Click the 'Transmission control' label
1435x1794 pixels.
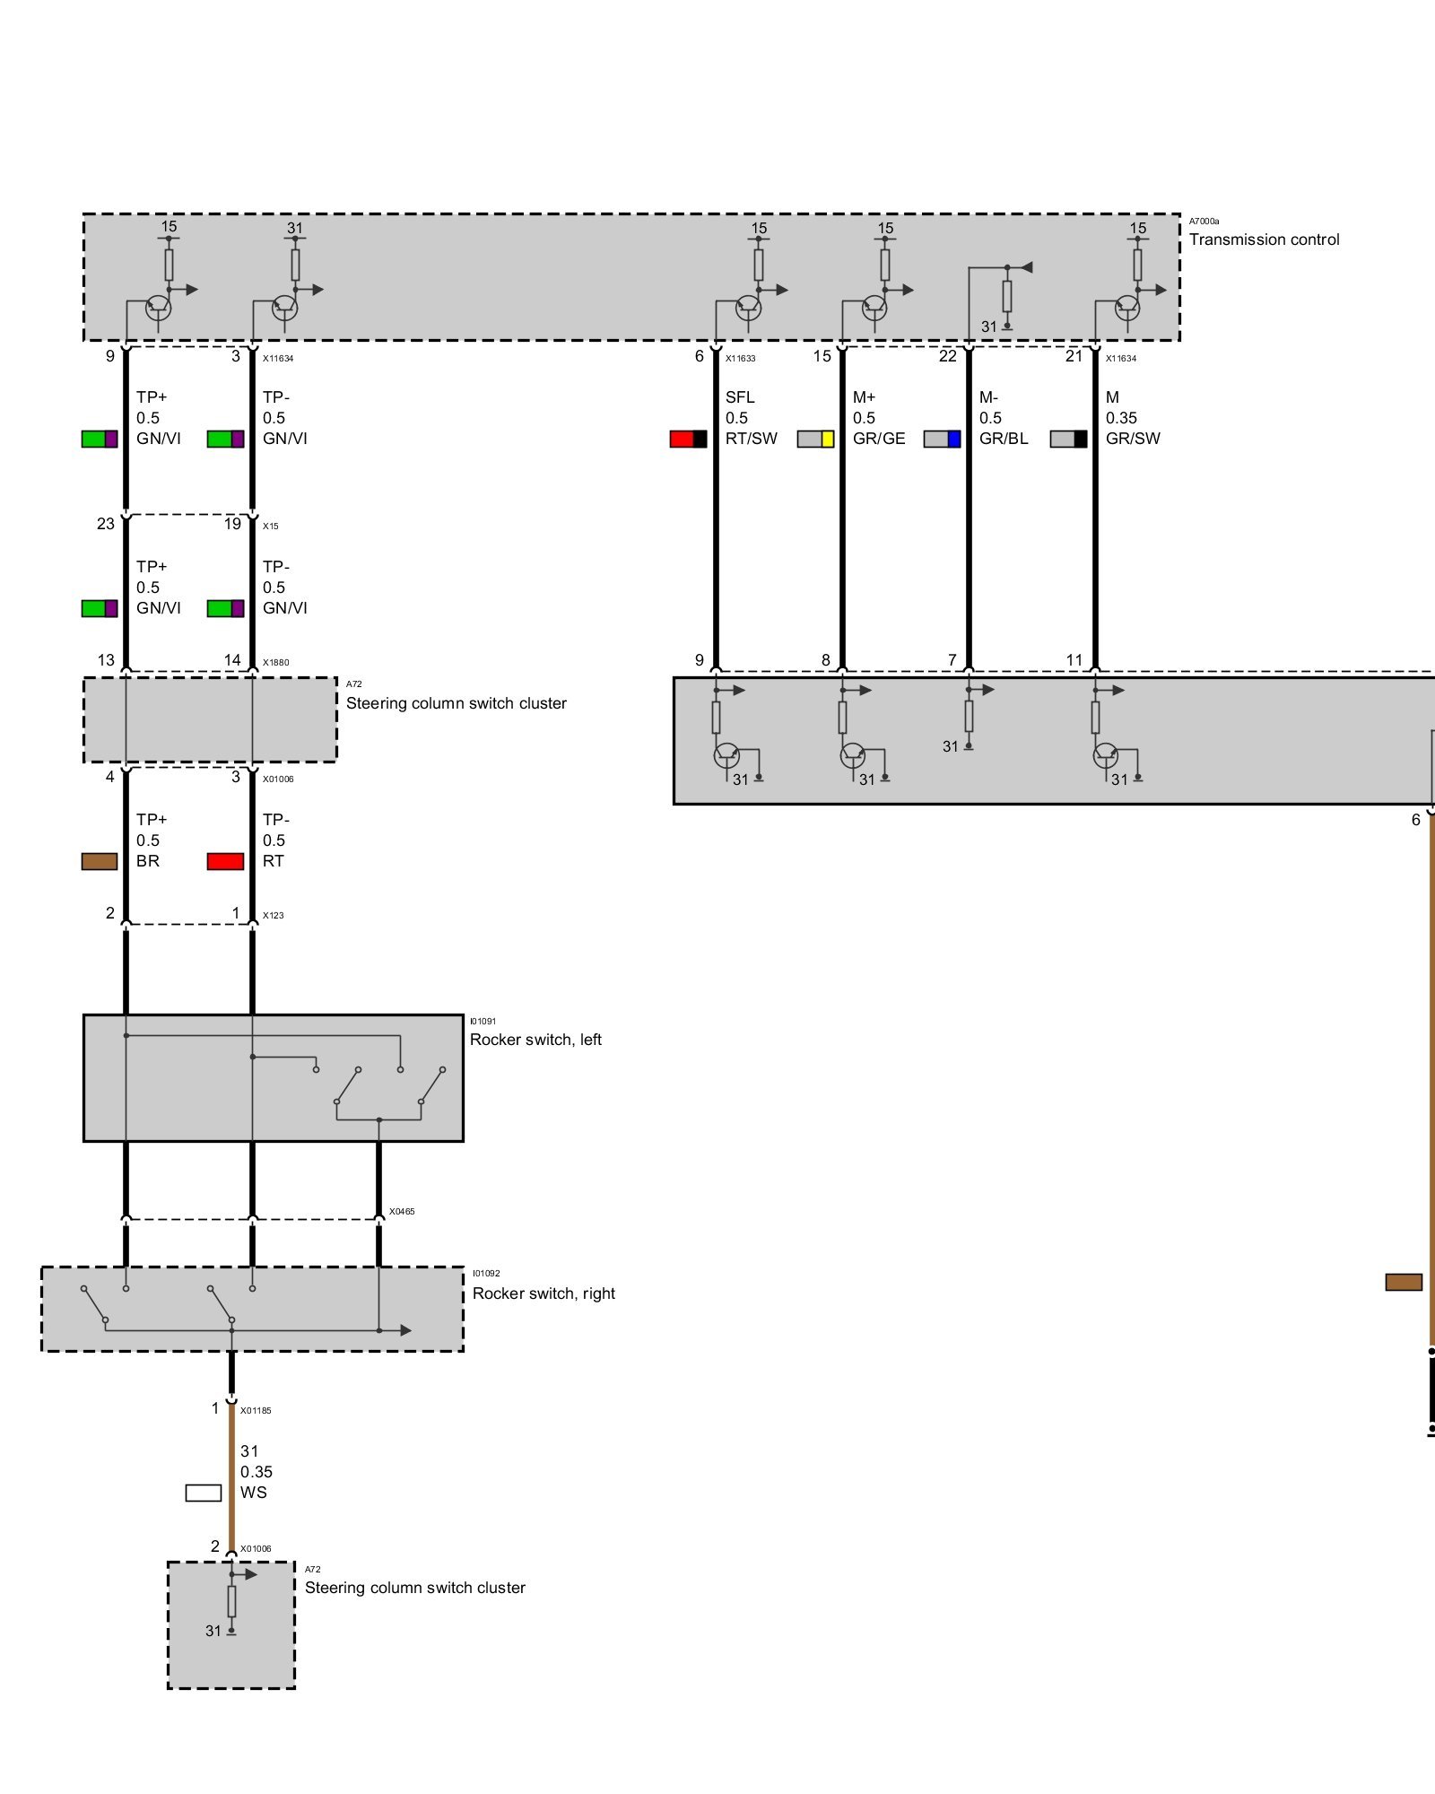(1264, 239)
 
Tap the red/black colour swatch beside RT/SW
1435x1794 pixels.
(688, 439)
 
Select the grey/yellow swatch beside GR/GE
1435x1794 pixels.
(815, 439)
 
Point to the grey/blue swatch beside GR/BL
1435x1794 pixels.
(942, 439)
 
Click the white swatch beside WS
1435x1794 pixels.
(204, 1493)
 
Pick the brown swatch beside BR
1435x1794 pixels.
(100, 861)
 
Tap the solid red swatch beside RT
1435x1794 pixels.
(225, 861)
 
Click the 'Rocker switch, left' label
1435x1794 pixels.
(535, 1040)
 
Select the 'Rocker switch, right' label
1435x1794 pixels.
(544, 1293)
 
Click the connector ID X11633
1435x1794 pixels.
(740, 359)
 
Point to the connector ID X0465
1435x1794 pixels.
(402, 1212)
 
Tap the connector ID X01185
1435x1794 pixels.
(256, 1411)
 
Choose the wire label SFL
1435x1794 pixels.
(740, 397)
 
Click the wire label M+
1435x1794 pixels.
(864, 397)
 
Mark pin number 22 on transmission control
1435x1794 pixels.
(948, 356)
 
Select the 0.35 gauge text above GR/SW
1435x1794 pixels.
(1121, 418)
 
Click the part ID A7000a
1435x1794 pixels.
(1204, 222)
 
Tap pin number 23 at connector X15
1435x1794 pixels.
(106, 524)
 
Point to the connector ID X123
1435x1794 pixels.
(273, 916)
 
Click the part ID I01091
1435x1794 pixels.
(483, 1022)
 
